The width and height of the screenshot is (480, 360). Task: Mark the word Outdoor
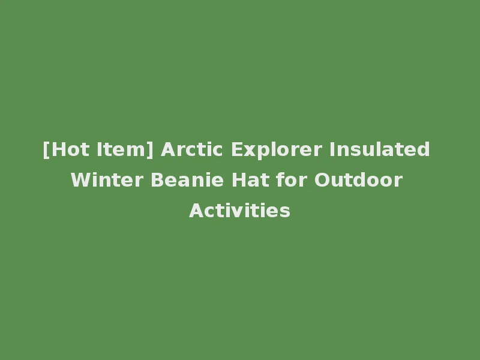(359, 180)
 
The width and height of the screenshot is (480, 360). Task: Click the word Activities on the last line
(240, 211)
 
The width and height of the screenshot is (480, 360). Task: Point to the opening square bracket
(46, 149)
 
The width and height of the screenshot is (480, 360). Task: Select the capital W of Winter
(80, 180)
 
